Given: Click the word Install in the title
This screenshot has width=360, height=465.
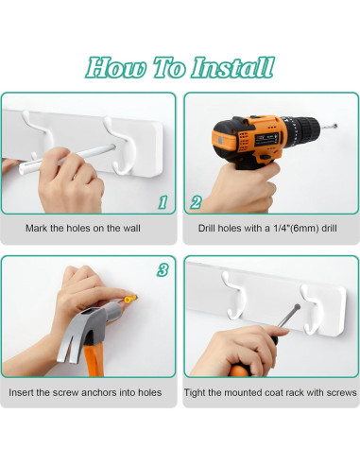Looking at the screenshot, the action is (x=233, y=67).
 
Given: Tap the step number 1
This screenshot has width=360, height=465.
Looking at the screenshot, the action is (x=163, y=202).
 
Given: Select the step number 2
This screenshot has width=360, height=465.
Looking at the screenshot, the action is (x=196, y=202).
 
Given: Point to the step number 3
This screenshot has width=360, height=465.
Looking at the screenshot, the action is (x=163, y=270).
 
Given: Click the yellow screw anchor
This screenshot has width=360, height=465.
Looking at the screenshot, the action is (x=130, y=299).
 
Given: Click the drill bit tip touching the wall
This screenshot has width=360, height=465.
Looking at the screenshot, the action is (x=335, y=126).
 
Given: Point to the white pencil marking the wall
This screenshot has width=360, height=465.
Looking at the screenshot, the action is (x=67, y=158).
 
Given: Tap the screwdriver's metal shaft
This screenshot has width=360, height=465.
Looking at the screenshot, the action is (x=288, y=316).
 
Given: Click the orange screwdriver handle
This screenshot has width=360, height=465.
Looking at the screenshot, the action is (x=239, y=370).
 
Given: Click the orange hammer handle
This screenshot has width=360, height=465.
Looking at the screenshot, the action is (x=94, y=359).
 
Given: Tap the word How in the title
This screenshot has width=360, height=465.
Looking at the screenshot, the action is (x=116, y=67).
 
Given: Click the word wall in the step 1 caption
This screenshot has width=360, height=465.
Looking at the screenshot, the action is (x=131, y=228).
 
